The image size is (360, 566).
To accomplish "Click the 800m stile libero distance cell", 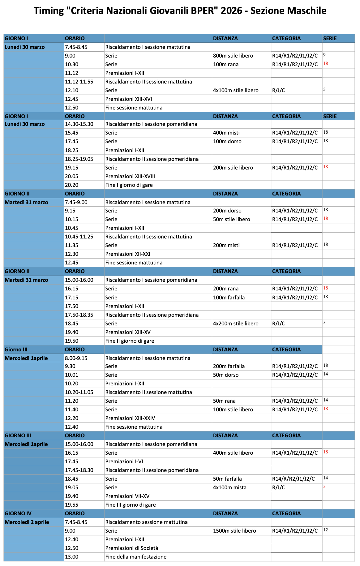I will coord(233,56).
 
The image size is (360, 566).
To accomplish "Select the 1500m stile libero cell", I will coord(234,531).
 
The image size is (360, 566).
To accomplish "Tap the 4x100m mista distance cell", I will coord(229,487).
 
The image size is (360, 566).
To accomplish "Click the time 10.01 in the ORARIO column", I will coord(71,375).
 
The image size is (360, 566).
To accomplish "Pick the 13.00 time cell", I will coord(71,557).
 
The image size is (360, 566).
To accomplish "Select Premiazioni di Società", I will coord(131,548).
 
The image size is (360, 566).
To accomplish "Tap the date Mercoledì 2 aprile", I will coord(27,522).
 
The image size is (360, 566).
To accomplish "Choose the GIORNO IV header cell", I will coord(18,513).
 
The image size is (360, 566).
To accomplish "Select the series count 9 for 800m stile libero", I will coord(324,55).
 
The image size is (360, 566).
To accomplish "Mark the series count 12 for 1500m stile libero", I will coord(325,530).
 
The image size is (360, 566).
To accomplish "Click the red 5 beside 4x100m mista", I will coord(324,487).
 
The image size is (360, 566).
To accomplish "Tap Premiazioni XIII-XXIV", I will coord(130,418).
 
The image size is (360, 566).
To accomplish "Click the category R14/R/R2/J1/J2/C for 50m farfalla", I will coord(293,479).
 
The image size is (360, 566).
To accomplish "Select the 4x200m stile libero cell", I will coord(236,324).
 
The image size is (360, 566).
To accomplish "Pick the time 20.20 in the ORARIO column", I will coord(71,185).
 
